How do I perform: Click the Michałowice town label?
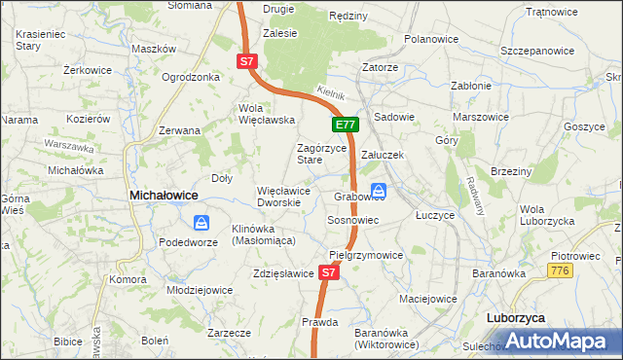tap(164, 196)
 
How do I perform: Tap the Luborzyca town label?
tap(515, 318)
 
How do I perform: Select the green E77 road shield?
tap(346, 125)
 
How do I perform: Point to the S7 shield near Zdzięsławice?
tap(329, 273)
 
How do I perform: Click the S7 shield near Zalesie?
tap(246, 61)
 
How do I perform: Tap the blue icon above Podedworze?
tap(201, 223)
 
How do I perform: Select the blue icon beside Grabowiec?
tap(380, 190)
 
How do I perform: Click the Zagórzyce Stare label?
tap(321, 153)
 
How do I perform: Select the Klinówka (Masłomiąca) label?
tap(263, 234)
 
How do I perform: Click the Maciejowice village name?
tap(427, 286)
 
